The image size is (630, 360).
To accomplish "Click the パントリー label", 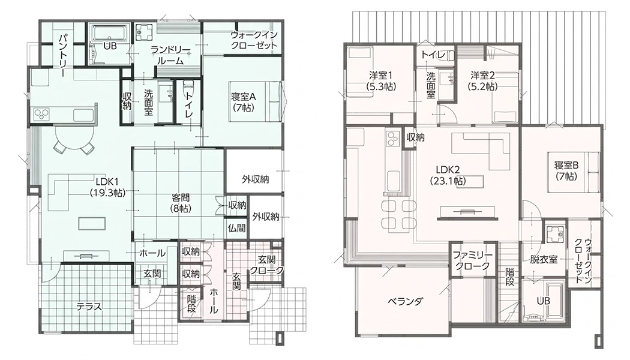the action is [64, 56].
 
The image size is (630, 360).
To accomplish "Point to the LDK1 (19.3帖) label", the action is [107, 187].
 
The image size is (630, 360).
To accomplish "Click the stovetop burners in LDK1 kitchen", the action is [41, 114].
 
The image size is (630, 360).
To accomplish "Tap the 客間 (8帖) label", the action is [181, 203].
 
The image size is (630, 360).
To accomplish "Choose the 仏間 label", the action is [236, 228].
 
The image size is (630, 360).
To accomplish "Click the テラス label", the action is [89, 307].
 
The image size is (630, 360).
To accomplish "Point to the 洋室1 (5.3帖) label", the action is [381, 80].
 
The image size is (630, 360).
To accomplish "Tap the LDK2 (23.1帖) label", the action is [448, 175].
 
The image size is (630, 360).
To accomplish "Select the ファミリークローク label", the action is [473, 261].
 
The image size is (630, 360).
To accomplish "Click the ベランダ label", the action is [406, 301].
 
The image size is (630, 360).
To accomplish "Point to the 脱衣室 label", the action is [544, 260].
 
